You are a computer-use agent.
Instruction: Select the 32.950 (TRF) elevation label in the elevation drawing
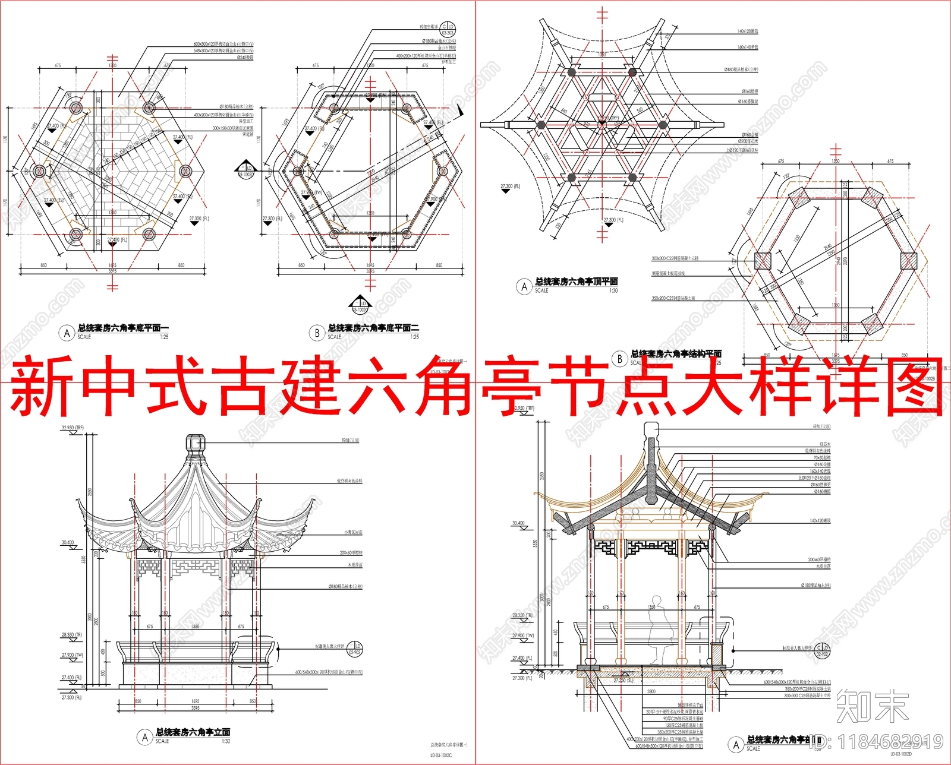tap(75, 428)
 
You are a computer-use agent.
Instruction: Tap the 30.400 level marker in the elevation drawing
tap(68, 543)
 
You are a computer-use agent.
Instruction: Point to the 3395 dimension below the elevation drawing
tap(196, 708)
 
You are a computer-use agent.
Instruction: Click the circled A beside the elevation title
tap(144, 737)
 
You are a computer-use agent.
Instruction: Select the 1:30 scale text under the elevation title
tap(226, 741)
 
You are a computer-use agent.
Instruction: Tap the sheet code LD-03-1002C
tap(441, 755)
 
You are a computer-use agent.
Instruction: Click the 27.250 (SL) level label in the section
tap(623, 681)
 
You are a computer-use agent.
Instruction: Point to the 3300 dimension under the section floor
tap(651, 691)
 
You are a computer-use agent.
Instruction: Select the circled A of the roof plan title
tap(524, 287)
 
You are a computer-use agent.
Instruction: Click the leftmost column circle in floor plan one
tap(39, 172)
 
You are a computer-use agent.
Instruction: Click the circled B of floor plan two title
tap(317, 333)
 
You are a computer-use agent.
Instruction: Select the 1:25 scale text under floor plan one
tap(164, 337)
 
